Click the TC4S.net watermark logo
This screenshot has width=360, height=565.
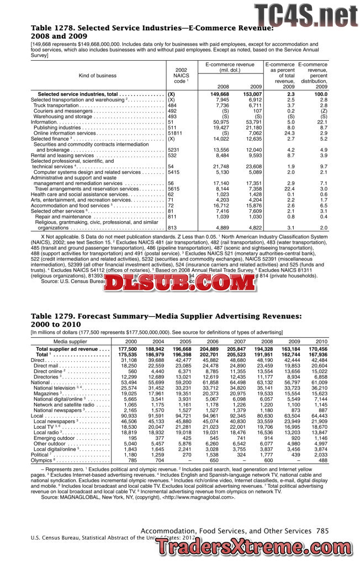coord(305,14)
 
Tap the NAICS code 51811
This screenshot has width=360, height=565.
coord(174,133)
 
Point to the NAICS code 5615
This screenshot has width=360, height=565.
coord(173,189)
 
